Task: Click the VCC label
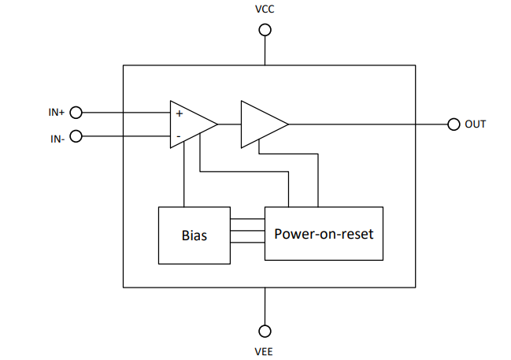pyautogui.click(x=265, y=10)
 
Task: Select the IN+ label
pyautogui.click(x=56, y=113)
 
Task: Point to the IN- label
pyautogui.click(x=57, y=139)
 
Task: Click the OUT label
pyautogui.click(x=476, y=124)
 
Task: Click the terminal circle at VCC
pyautogui.click(x=265, y=30)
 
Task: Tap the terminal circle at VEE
pyautogui.click(x=265, y=330)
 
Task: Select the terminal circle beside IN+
pyautogui.click(x=76, y=113)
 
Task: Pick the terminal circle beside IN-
pyautogui.click(x=76, y=136)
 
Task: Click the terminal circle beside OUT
pyautogui.click(x=454, y=124)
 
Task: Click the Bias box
pyautogui.click(x=194, y=235)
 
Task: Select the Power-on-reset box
pyautogui.click(x=324, y=233)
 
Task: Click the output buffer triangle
pyautogui.click(x=262, y=124)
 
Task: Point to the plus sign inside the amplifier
pyautogui.click(x=180, y=113)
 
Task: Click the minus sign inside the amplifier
pyautogui.click(x=179, y=136)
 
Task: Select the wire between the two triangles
pyautogui.click(x=229, y=124)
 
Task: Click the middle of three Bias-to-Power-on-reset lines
pyautogui.click(x=246, y=231)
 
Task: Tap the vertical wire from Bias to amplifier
pyautogui.click(x=183, y=177)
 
